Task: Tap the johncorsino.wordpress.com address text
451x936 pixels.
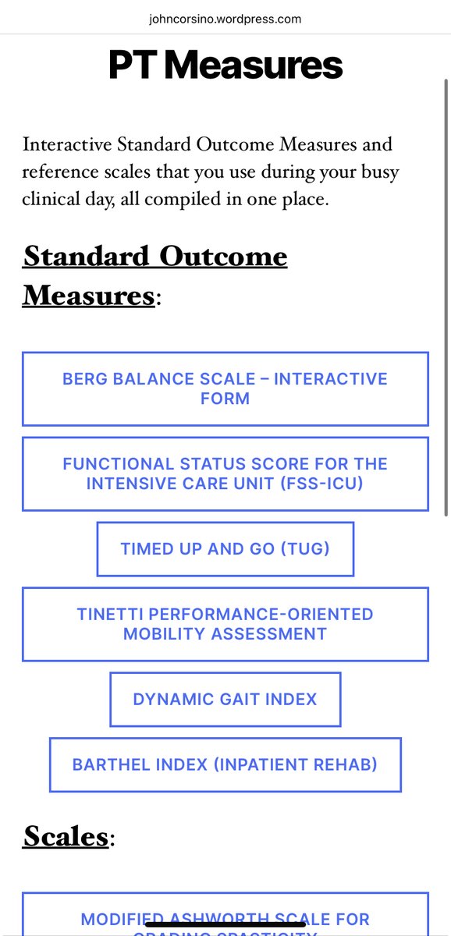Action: point(225,19)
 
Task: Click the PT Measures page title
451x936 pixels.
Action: point(225,66)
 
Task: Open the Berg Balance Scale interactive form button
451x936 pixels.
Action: point(225,388)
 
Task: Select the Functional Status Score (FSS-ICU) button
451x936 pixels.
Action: point(225,473)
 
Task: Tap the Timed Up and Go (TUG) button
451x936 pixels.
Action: point(225,549)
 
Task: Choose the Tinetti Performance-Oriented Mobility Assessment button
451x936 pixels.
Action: point(225,624)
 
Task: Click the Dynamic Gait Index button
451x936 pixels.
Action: point(225,699)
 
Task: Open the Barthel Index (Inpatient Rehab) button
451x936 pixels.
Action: point(225,764)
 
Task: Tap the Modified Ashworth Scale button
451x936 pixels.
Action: point(225,920)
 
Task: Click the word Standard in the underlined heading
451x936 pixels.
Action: point(86,256)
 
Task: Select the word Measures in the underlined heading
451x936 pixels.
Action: point(87,296)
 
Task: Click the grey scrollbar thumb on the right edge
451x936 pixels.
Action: point(446,296)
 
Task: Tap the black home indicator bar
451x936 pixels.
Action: point(225,924)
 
